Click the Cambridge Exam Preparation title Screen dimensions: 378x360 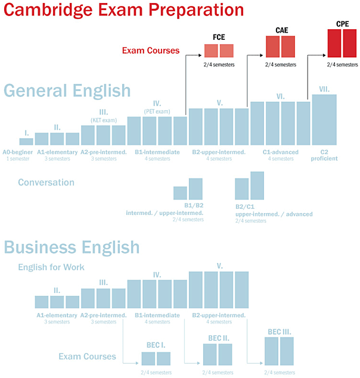pos(122,11)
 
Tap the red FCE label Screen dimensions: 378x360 pos(219,37)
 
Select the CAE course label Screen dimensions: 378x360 pos(281,30)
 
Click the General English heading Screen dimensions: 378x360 pos(67,91)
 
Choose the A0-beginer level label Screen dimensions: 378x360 pos(17,152)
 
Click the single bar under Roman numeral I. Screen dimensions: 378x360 pos(26,142)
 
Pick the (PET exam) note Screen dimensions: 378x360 pos(157,111)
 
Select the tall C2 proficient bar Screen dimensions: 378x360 pos(324,120)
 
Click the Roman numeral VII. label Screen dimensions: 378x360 pos(324,89)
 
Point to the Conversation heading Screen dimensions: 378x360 pos(46,182)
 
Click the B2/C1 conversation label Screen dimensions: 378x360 pos(249,207)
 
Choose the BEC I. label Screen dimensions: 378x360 pos(157,345)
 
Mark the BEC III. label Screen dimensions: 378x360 pos(279,332)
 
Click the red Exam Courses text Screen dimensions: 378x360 pos(150,51)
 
